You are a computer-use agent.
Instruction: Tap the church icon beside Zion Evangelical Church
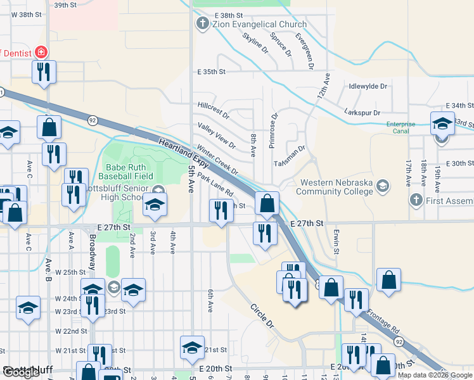[x=203, y=25]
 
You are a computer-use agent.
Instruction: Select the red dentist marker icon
[x=42, y=52]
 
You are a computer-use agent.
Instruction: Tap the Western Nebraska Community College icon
[x=382, y=186]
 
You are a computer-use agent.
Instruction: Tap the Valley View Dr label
[x=216, y=136]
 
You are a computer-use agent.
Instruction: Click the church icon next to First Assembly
[x=416, y=201]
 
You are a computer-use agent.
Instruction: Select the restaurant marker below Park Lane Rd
[x=221, y=210]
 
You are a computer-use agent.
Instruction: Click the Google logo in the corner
[x=21, y=372]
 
